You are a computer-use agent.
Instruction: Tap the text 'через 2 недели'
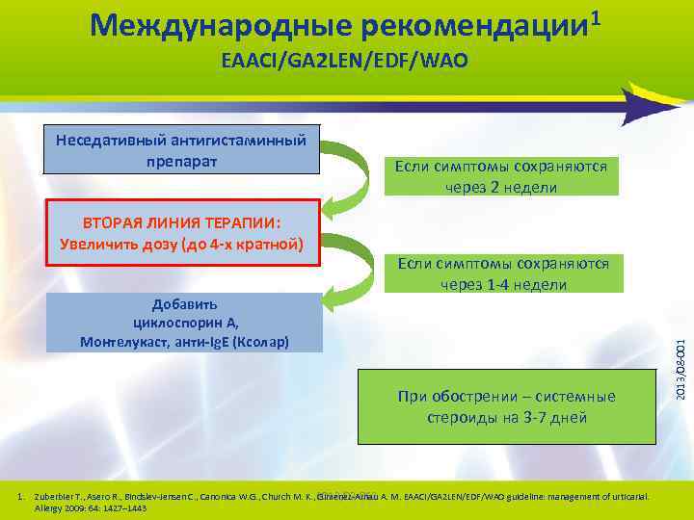point(501,187)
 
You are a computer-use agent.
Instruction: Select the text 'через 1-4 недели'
point(502,284)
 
